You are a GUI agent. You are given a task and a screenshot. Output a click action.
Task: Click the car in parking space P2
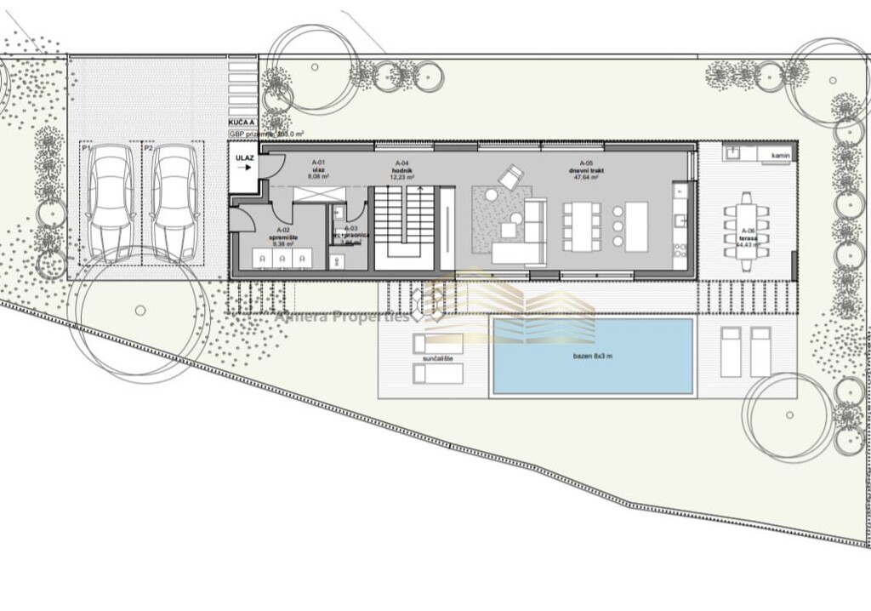tap(174, 201)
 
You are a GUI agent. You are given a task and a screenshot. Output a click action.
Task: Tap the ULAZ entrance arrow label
tap(243, 162)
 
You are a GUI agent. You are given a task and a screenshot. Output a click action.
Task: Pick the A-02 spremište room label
tap(283, 236)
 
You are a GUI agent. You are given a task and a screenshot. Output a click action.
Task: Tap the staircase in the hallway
tap(405, 224)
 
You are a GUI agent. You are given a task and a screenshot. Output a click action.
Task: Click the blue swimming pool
tap(593, 356)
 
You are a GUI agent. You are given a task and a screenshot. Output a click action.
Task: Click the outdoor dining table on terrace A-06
tap(746, 231)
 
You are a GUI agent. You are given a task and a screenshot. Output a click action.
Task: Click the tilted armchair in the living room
tap(511, 177)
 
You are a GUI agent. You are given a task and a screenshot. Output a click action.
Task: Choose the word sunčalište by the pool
tap(439, 359)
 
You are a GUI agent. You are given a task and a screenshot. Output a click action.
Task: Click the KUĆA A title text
tap(242, 124)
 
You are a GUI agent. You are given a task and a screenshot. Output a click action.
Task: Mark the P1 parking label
tap(86, 148)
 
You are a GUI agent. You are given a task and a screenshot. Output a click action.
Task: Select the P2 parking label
tap(148, 148)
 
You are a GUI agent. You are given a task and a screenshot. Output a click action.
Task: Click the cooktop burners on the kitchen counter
tap(680, 250)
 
